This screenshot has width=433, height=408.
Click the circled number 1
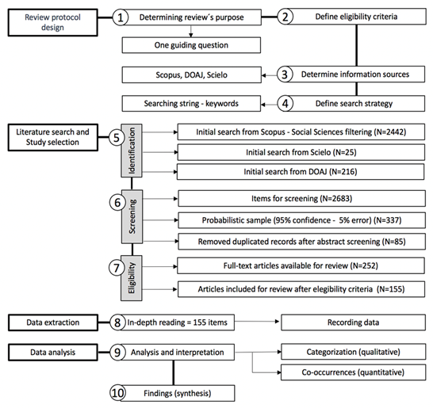coord(120,17)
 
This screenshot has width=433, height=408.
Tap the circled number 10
coord(117,393)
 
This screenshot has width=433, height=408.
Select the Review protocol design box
coord(53,22)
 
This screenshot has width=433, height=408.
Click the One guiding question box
coord(191,45)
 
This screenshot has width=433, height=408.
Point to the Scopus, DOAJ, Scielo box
coord(191,74)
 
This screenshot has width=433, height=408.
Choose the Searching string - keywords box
coord(191,104)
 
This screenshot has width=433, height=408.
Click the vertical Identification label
coord(132,151)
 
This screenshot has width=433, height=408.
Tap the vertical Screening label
coord(132,216)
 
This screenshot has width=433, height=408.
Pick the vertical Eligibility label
coord(132,278)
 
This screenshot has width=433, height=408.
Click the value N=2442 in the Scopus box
coord(389,132)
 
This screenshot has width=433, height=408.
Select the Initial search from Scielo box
coord(301,152)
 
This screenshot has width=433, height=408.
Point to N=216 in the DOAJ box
coord(344,172)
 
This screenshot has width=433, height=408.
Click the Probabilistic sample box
coord(302,220)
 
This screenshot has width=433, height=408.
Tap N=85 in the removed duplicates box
coord(393,242)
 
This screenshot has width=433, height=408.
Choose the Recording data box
coord(353,322)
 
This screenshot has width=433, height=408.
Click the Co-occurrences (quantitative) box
coord(353,372)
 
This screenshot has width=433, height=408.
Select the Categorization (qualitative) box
coord(353,352)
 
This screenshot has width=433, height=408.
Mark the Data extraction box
coord(53,322)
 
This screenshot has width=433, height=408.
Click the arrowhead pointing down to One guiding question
coord(191,35)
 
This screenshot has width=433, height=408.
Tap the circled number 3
coord(285,74)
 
